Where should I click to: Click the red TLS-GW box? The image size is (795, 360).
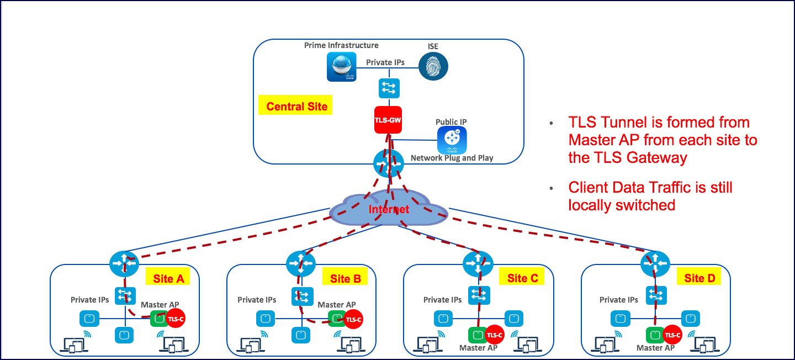pyautogui.click(x=388, y=119)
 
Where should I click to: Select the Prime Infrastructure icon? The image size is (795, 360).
pyautogui.click(x=341, y=67)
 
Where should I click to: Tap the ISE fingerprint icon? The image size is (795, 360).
pyautogui.click(x=433, y=66)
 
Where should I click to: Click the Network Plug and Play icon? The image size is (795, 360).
pyautogui.click(x=452, y=140)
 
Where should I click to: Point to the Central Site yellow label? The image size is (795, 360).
pyautogui.click(x=296, y=106)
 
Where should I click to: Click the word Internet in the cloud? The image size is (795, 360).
pyautogui.click(x=389, y=209)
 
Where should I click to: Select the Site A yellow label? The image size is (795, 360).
pyautogui.click(x=168, y=278)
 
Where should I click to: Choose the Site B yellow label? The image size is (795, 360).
pyautogui.click(x=345, y=278)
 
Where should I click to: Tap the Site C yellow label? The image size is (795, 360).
pyautogui.click(x=522, y=278)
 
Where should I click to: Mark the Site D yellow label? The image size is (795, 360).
pyautogui.click(x=698, y=278)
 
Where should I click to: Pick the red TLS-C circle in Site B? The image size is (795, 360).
pyautogui.click(x=353, y=319)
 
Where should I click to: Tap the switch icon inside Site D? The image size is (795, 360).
pyautogui.click(x=656, y=296)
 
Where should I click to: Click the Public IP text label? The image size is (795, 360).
pyautogui.click(x=451, y=121)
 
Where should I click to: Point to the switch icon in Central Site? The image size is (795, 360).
pyautogui.click(x=389, y=88)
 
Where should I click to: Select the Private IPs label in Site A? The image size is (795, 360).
pyautogui.click(x=89, y=300)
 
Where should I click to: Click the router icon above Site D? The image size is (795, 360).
pyautogui.click(x=654, y=264)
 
